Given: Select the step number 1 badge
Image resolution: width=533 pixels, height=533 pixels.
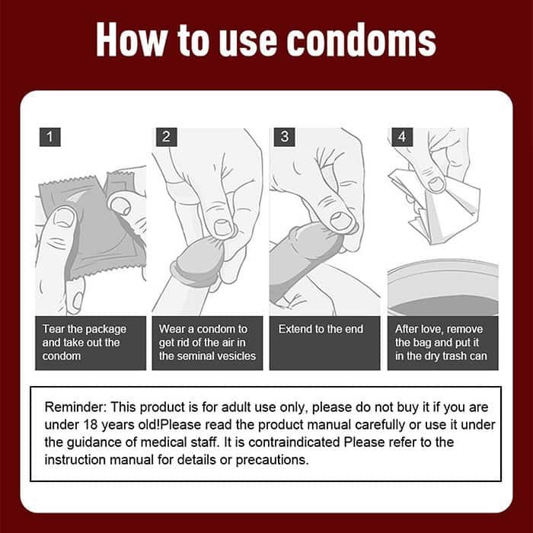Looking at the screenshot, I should (x=49, y=138).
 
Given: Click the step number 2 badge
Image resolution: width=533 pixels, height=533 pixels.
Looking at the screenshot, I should (x=166, y=138).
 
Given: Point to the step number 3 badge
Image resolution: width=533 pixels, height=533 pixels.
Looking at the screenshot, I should (x=285, y=138).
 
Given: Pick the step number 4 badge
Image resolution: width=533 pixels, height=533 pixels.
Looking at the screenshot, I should (x=401, y=138).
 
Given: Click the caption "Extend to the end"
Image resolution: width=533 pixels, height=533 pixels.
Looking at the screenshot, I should (x=321, y=330).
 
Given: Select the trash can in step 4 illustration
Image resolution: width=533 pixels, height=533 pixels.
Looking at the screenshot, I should (x=442, y=289).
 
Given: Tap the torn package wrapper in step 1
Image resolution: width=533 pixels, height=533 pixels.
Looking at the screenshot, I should (x=91, y=225).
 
